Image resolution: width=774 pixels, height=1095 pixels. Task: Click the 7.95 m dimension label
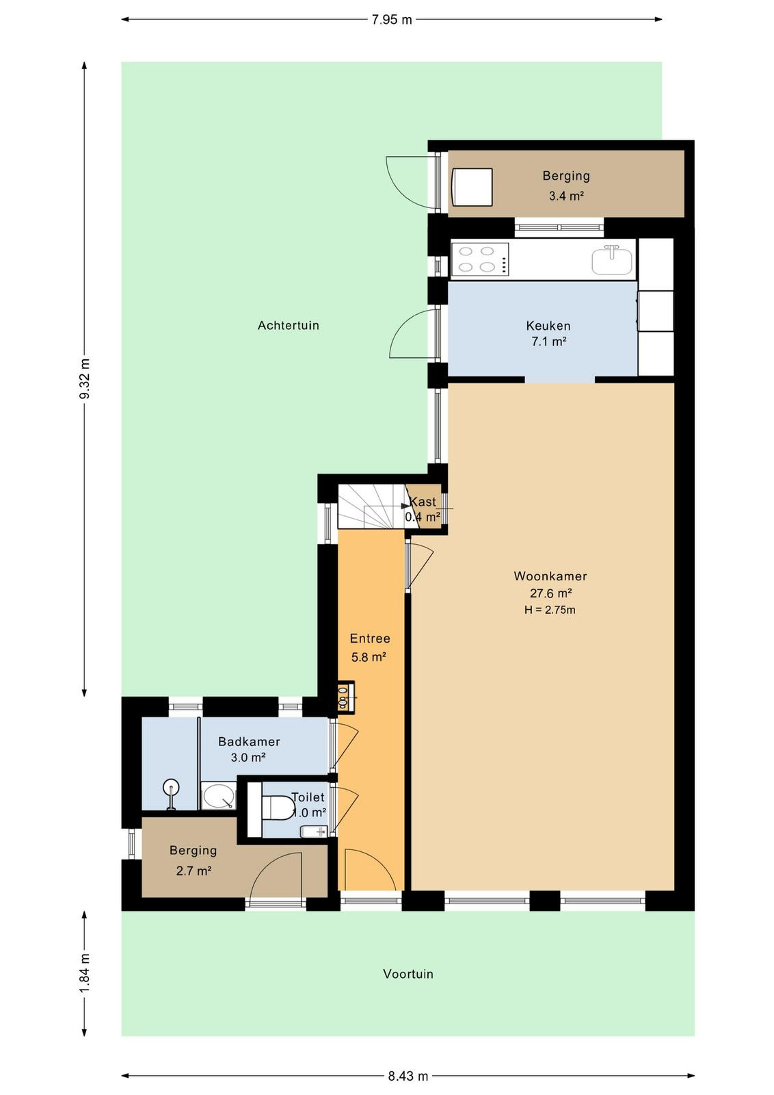click(x=392, y=20)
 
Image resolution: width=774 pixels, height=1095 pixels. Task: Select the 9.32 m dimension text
click(x=85, y=378)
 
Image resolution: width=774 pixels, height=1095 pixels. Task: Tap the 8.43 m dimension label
click(x=408, y=1076)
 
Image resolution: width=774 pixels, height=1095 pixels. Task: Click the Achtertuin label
click(x=288, y=326)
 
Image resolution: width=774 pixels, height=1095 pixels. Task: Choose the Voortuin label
click(x=408, y=974)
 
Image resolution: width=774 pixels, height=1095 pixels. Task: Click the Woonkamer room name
click(x=550, y=576)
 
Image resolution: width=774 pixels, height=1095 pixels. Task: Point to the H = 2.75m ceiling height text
click(x=550, y=610)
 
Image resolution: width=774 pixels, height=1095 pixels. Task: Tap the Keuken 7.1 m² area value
click(x=548, y=342)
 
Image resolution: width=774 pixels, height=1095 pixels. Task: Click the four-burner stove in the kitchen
click(x=480, y=259)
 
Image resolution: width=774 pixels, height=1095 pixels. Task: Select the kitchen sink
click(x=612, y=260)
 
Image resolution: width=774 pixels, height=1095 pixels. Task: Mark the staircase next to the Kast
click(x=372, y=506)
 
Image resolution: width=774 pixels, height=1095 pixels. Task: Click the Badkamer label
click(x=249, y=742)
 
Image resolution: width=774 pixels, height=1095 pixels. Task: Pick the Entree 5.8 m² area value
click(x=369, y=657)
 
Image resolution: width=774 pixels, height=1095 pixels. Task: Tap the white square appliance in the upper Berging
click(x=472, y=188)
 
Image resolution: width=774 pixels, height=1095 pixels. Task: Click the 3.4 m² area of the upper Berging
click(x=566, y=196)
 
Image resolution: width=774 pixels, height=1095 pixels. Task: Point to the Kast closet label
click(x=423, y=502)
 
